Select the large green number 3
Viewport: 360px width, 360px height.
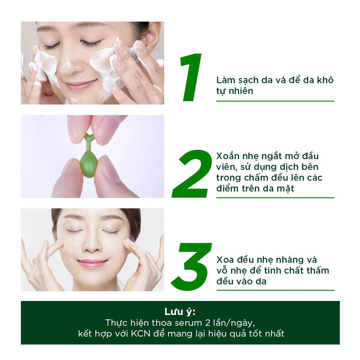(192, 266)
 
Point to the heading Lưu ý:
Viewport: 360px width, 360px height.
(180, 311)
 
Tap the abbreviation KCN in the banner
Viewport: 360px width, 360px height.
(143, 333)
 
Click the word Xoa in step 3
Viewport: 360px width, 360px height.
(225, 260)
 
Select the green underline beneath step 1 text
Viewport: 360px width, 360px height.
(275, 101)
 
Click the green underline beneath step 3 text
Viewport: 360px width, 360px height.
(275, 290)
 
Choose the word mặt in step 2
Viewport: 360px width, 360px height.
(285, 188)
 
